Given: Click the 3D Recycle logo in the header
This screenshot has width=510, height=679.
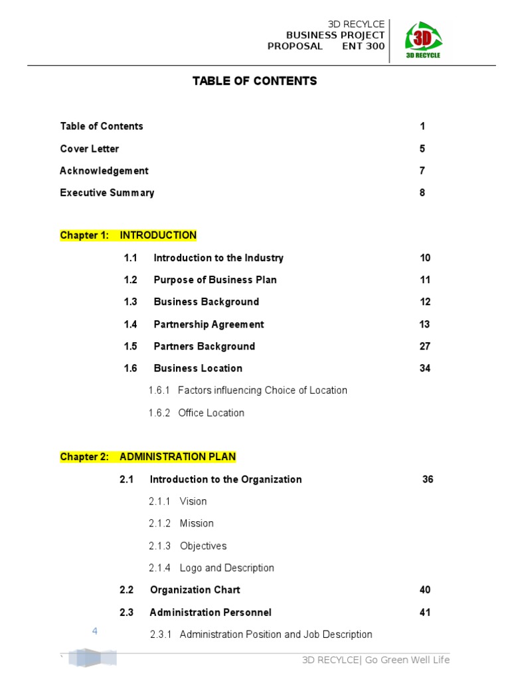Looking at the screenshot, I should [422, 40].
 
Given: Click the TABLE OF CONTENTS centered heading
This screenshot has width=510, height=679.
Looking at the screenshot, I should [254, 81].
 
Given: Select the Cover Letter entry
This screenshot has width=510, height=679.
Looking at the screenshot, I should [90, 149].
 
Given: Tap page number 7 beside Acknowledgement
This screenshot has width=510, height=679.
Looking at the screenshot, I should [422, 170].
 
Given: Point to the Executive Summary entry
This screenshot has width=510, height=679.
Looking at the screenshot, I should [107, 193].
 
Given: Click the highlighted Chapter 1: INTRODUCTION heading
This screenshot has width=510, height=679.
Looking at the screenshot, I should [128, 235].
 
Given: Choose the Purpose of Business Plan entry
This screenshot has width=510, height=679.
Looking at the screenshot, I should [215, 280].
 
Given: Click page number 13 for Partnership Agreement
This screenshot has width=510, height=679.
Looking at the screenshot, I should [425, 324].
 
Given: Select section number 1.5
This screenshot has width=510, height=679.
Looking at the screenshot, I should [130, 346].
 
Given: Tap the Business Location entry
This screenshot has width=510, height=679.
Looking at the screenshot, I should [198, 368].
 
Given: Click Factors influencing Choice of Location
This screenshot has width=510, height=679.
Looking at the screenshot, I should [262, 391].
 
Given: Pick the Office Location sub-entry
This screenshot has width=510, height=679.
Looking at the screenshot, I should [211, 413].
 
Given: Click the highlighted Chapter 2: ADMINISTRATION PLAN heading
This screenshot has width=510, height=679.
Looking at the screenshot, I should [147, 457].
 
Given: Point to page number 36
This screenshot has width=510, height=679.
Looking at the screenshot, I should [428, 479].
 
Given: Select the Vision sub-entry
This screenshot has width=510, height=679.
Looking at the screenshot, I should [193, 501].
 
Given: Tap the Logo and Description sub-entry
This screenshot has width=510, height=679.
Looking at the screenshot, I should [226, 568].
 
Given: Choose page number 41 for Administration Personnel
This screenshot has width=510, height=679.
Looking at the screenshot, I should [425, 612].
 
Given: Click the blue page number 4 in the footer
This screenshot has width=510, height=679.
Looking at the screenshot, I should [95, 631].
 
